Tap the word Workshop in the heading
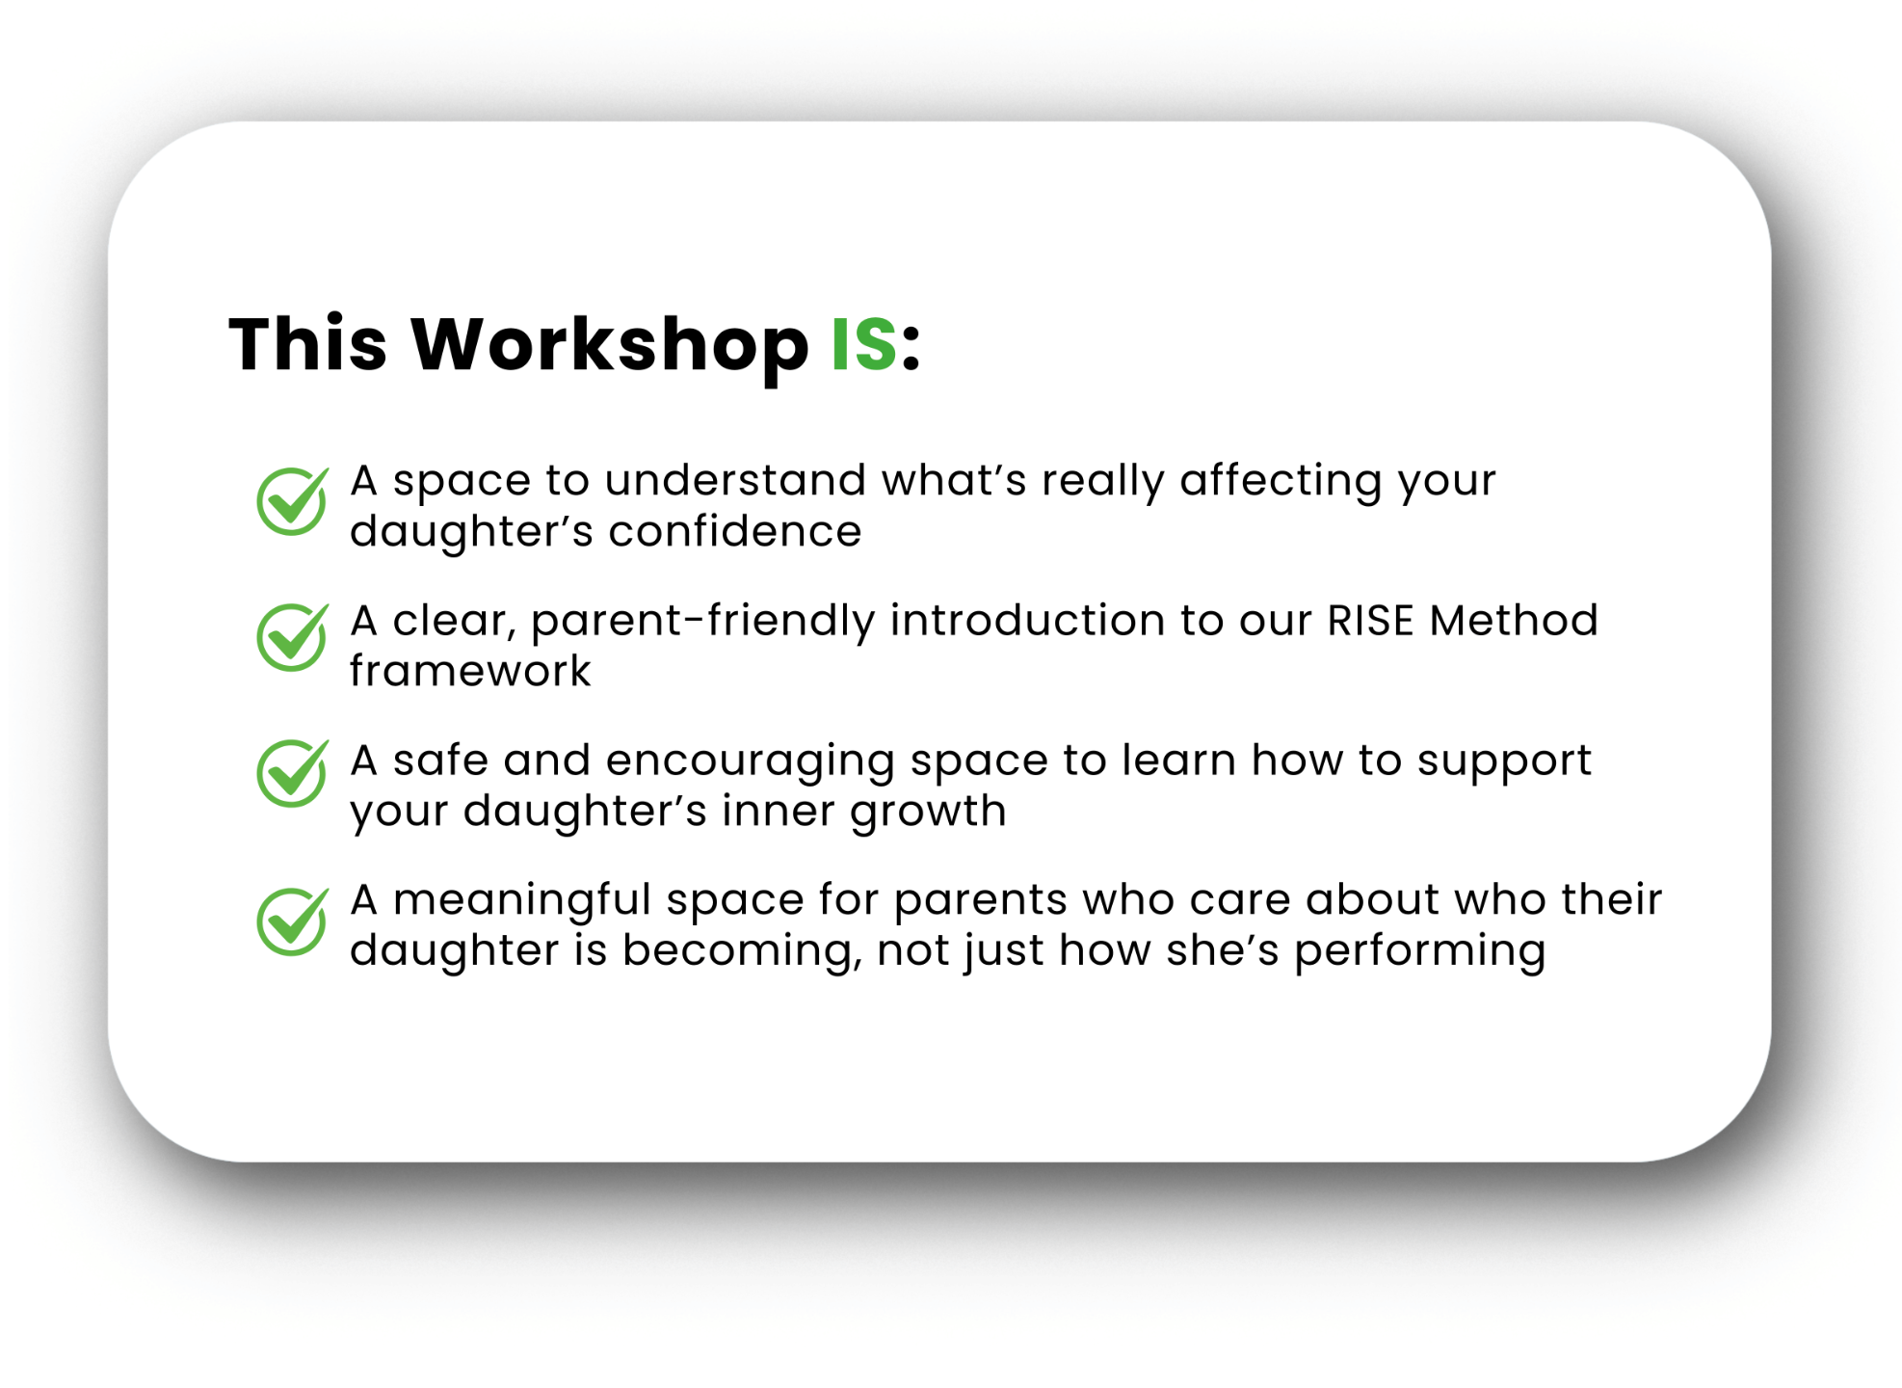(x=610, y=345)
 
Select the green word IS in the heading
(x=864, y=344)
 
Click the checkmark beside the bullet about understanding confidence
(x=293, y=500)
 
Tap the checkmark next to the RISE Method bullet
(x=293, y=636)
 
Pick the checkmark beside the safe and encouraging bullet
(x=293, y=772)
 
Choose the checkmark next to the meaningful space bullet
(x=293, y=921)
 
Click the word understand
(x=735, y=480)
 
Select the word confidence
(x=735, y=531)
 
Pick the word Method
(x=1514, y=620)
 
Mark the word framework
(x=470, y=671)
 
